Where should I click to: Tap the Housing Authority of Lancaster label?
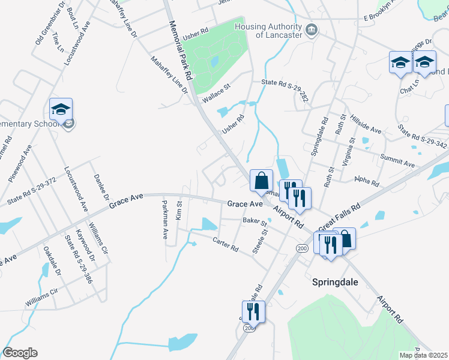tap(268, 31)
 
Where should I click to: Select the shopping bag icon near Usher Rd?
tap(261, 181)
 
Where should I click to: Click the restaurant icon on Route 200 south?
tap(253, 311)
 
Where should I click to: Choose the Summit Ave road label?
tap(397, 160)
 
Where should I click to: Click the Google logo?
tap(20, 353)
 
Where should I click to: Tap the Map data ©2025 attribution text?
tap(423, 355)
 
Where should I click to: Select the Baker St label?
tap(255, 221)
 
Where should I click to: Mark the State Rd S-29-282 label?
tap(284, 88)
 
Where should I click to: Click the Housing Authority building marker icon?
tap(312, 29)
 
